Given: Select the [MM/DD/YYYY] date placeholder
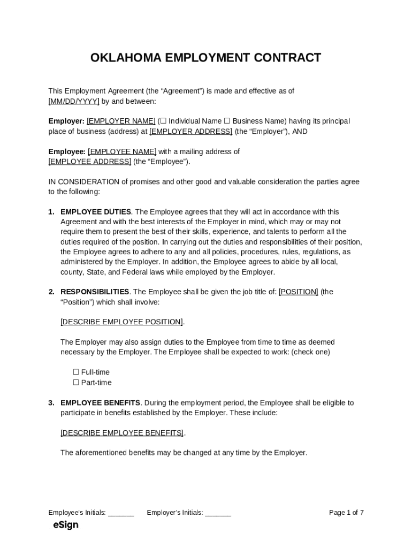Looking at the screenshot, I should click(74, 101).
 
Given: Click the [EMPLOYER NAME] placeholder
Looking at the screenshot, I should click(121, 121).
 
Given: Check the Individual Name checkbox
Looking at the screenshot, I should click(163, 121).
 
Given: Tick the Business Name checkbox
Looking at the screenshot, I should click(227, 121).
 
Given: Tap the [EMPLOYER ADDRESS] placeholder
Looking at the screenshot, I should click(190, 131).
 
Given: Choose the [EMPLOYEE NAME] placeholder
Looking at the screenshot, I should click(122, 151).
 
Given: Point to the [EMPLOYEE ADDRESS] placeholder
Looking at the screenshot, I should click(90, 162).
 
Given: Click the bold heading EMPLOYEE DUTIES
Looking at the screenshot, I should click(96, 212).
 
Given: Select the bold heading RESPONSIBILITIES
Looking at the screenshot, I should click(95, 292).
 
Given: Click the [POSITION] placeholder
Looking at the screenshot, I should click(298, 292).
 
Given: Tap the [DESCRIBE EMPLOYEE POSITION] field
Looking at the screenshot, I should click(122, 322).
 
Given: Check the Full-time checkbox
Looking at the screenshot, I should click(76, 372).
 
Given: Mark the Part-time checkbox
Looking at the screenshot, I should click(76, 382).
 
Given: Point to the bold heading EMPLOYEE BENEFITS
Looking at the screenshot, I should click(101, 402).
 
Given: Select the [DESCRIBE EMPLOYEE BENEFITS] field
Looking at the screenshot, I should click(122, 432).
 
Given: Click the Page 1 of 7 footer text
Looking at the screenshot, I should click(346, 513).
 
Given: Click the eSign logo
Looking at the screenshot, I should click(66, 525).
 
